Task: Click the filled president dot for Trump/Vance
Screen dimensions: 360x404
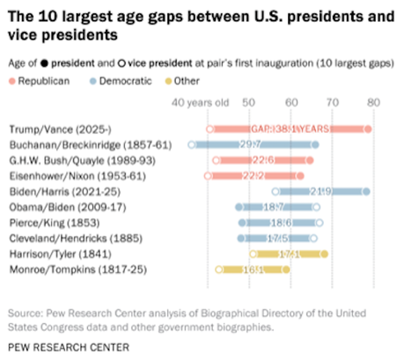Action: pos(367,129)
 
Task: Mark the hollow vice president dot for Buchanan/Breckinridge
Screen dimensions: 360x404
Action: pos(191,144)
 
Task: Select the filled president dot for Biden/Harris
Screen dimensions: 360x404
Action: pos(366,191)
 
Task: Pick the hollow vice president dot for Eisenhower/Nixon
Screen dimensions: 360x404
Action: pos(208,176)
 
